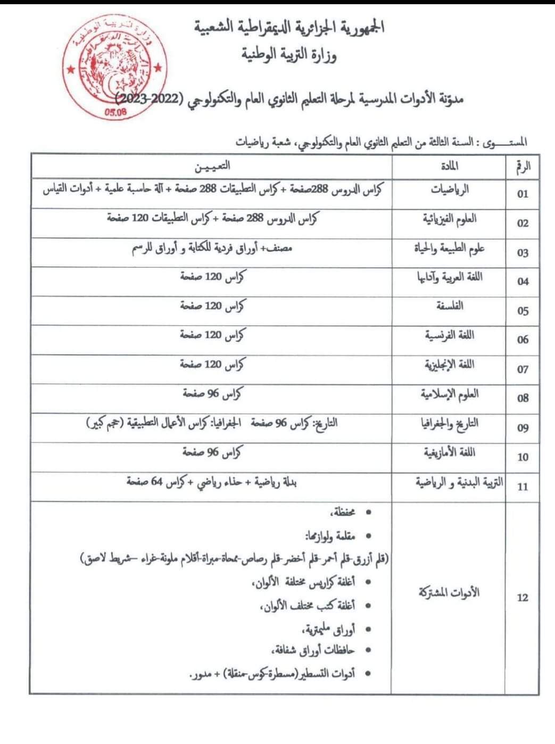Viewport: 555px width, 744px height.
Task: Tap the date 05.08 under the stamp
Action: tap(115, 112)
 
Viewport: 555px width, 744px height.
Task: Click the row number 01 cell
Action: tap(523, 194)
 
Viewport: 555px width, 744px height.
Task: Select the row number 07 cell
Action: tap(523, 369)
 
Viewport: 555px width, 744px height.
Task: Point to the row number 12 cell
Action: tap(523, 598)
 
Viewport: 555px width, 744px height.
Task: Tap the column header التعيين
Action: tap(211, 166)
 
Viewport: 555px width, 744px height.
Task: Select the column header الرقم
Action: tap(523, 167)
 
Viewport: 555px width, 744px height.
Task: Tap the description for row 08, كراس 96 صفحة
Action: tap(212, 394)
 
